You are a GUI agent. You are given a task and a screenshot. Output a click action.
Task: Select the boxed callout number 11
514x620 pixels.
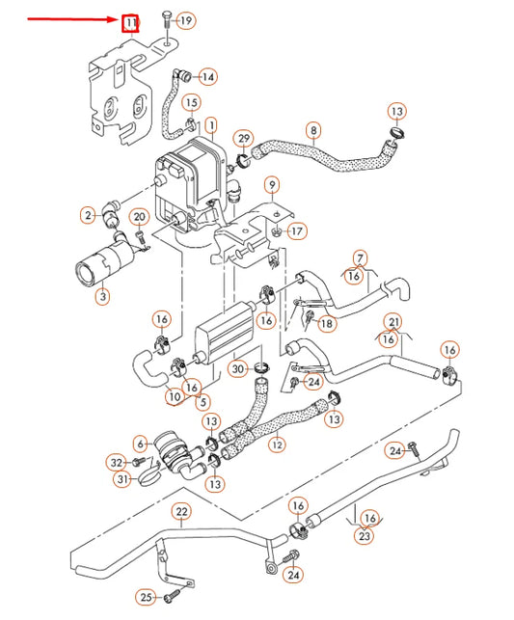tap(129, 21)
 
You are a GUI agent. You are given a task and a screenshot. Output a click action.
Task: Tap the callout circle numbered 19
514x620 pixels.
tap(185, 20)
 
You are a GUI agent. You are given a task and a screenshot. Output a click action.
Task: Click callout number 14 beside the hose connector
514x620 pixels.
tap(207, 76)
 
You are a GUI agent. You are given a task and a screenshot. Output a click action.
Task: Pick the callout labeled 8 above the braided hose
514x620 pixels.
tap(312, 129)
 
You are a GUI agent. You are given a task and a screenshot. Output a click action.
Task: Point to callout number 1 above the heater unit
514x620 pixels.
tap(210, 125)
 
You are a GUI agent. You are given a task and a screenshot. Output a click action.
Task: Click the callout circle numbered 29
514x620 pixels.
tap(244, 139)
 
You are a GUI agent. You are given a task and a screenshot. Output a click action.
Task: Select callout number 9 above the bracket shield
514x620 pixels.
tap(272, 184)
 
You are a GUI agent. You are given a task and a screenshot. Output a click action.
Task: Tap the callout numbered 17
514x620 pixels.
tap(297, 231)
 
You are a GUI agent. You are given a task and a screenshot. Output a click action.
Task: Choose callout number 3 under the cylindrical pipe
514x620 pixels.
tap(102, 297)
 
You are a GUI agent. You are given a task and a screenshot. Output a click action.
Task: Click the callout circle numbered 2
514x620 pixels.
tap(88, 215)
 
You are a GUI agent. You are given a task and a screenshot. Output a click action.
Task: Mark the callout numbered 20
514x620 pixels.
tap(139, 217)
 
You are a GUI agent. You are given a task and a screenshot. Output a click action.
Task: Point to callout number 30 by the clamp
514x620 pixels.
tap(237, 368)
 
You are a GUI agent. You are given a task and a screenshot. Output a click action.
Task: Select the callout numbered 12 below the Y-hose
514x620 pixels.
tap(277, 445)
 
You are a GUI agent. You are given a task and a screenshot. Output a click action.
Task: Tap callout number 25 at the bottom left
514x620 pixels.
tap(146, 598)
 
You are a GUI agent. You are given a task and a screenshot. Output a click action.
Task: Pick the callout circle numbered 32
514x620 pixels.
tap(117, 463)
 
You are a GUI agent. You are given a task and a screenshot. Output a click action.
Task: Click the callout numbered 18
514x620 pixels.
tap(328, 325)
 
